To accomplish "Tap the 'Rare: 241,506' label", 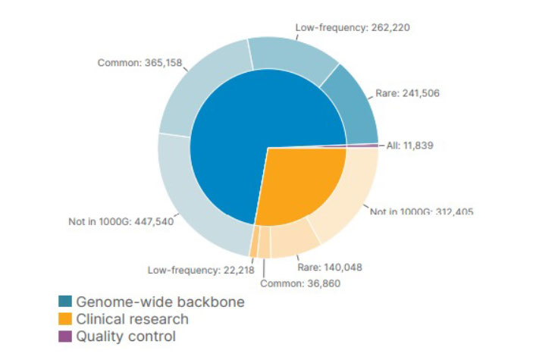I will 408,93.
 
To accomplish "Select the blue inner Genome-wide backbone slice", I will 243,136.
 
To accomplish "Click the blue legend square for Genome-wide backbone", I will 65,302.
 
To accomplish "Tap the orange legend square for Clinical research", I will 65,319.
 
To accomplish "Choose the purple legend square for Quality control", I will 65,336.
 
